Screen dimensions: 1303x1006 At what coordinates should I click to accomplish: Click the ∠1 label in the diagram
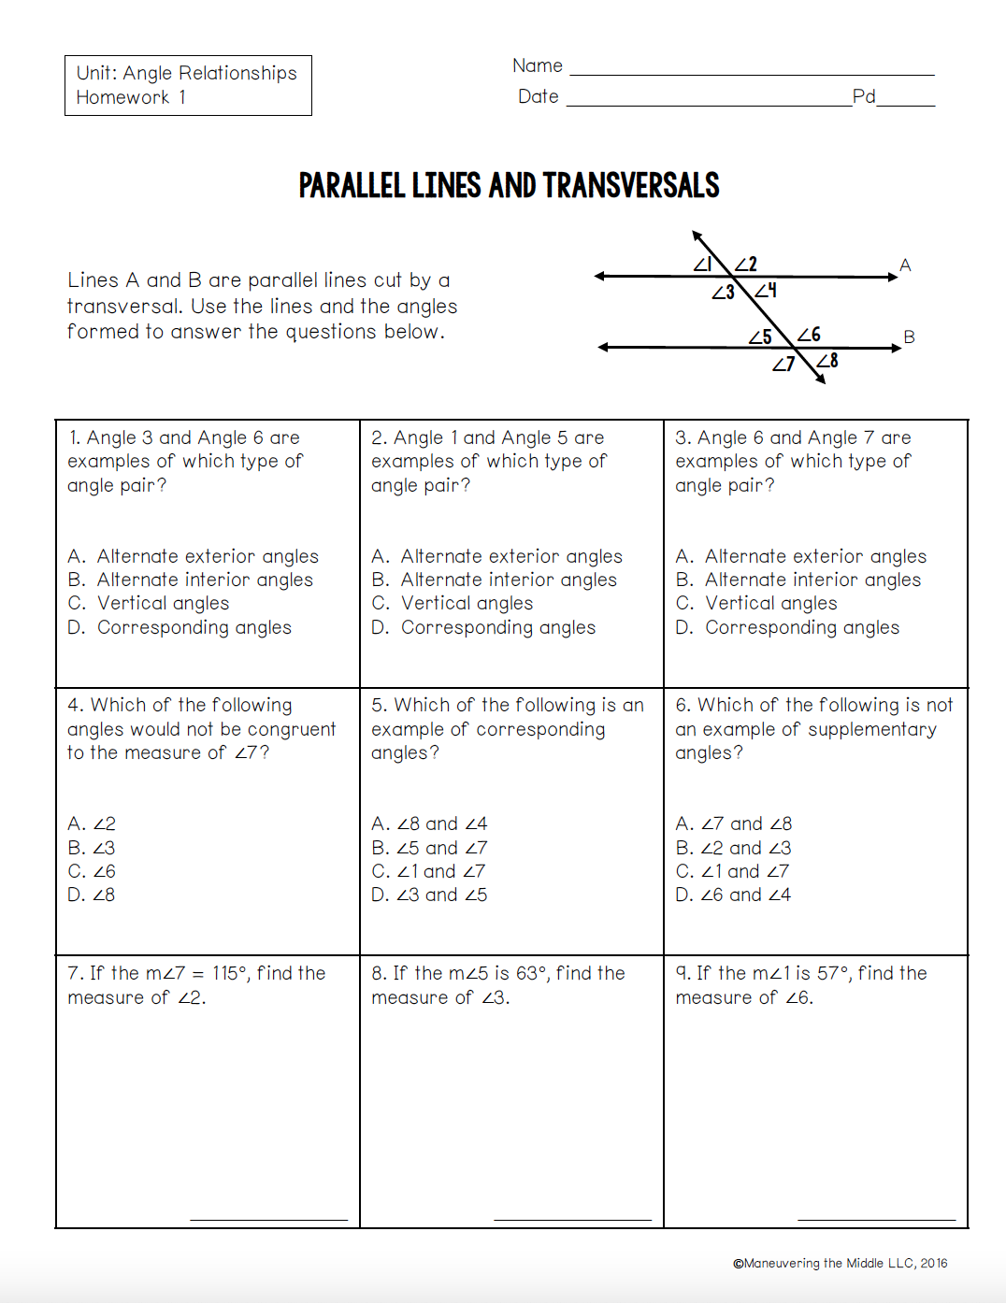coord(703,264)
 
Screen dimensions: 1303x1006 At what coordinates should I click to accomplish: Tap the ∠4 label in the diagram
coord(766,291)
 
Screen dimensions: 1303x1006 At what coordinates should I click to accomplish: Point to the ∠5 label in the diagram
coord(760,336)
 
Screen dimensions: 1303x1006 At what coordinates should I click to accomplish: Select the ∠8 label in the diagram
coord(827,361)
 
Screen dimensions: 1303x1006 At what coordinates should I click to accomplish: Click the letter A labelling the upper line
coord(905,265)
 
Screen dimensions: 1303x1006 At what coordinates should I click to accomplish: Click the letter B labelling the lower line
coord(909,336)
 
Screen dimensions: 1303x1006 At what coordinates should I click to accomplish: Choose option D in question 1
coord(180,627)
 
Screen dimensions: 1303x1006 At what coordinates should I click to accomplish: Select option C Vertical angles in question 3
coord(756,603)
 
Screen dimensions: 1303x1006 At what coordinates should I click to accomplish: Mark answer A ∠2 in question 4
coord(92,823)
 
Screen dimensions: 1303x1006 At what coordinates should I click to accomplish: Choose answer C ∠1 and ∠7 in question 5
coord(428,871)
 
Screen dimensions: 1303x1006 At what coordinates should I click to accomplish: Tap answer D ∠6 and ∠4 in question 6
coord(733,895)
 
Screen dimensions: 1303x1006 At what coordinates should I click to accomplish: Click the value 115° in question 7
coord(230,973)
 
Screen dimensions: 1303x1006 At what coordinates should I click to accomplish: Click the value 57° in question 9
coord(833,973)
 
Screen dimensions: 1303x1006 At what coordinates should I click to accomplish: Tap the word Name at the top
coord(538,65)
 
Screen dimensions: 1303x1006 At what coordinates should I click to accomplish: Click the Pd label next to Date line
coord(864,96)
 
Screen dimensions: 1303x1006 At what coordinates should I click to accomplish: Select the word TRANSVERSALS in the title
coord(631,186)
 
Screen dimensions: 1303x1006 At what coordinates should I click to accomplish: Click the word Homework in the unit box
coord(122,97)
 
